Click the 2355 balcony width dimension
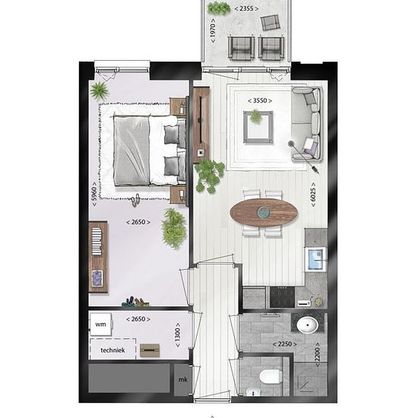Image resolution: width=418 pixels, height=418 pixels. point(246,8)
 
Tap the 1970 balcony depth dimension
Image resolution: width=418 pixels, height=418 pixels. point(213,30)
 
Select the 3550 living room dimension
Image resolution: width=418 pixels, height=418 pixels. point(260,100)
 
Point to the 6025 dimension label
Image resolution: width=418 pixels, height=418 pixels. point(313,195)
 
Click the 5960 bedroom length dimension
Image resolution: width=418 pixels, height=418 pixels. point(94,194)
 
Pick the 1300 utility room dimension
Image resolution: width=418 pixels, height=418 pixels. point(178,335)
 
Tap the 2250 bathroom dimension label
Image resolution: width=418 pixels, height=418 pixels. point(285,344)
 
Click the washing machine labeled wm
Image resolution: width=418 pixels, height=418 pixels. point(100,325)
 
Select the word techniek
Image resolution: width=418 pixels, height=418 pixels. point(112,350)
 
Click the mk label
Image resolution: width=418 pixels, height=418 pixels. point(183,379)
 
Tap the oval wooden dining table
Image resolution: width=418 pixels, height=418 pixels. point(264,213)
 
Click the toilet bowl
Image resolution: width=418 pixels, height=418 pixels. point(271,377)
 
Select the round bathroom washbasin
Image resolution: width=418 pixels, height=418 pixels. point(307,325)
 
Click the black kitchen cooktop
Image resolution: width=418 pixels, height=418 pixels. point(282,297)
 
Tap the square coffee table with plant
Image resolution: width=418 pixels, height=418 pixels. point(258,127)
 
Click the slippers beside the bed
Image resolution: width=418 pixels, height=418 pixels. point(135,200)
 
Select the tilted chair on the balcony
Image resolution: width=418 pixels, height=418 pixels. point(270,22)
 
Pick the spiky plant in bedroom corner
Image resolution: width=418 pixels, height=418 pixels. point(99,90)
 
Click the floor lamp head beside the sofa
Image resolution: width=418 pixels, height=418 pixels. point(290,144)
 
